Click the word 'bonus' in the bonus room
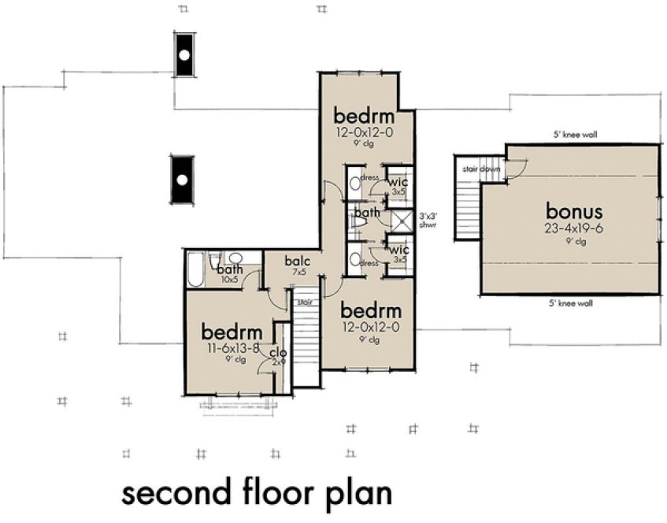(575, 211)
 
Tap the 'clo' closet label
(278, 353)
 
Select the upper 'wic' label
(397, 182)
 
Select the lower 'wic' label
(397, 250)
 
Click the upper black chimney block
(183, 55)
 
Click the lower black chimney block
(182, 180)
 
